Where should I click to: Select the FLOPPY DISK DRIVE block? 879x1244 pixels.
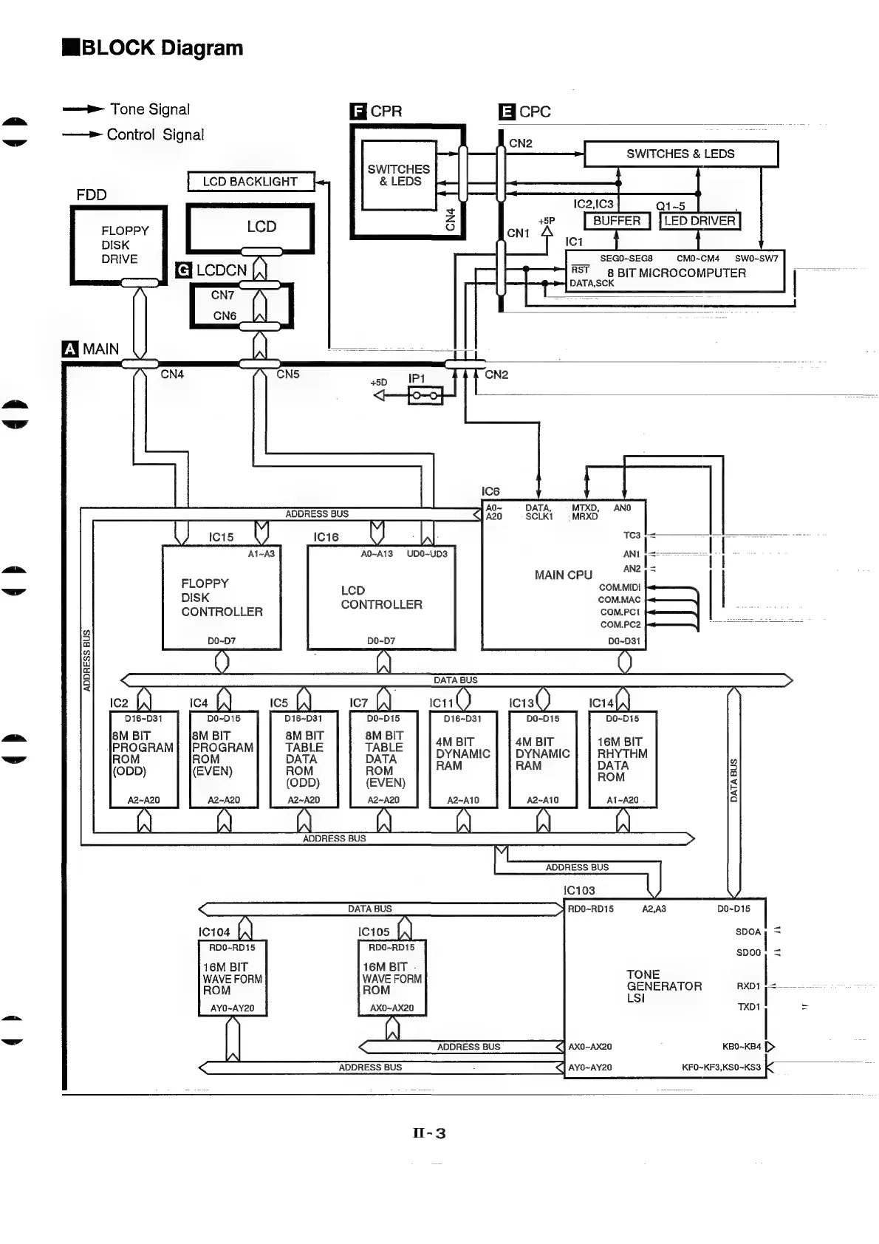[x=119, y=245]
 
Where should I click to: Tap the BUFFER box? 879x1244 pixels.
[x=617, y=221]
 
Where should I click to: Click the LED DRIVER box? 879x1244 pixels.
[x=699, y=221]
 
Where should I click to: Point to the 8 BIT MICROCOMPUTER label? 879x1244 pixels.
[x=676, y=273]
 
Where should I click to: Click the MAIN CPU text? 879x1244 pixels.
[x=563, y=575]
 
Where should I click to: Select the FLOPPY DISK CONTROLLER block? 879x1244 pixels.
[x=222, y=598]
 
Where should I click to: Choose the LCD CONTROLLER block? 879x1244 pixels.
[x=381, y=598]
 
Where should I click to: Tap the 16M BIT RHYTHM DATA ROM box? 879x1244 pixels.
[x=623, y=759]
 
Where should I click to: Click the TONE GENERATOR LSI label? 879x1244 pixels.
[x=663, y=986]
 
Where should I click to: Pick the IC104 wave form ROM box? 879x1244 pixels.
[x=233, y=978]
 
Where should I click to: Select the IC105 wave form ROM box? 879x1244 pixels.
[x=392, y=978]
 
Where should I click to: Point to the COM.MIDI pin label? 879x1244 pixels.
[x=620, y=588]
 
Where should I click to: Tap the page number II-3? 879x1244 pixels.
[x=429, y=1133]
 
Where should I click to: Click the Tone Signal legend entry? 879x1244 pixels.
[x=150, y=109]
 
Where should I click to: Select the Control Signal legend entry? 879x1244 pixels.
[x=155, y=135]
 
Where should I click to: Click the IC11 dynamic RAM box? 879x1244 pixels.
[x=463, y=759]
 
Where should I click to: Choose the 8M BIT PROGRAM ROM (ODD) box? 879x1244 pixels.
[x=144, y=759]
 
